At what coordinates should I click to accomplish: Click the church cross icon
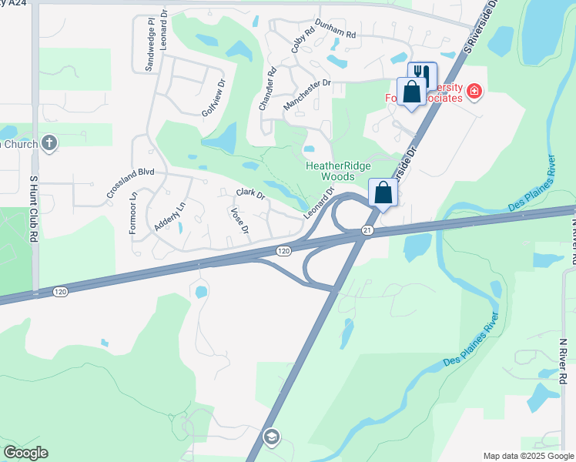(49, 142)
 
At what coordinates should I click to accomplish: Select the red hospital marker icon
(474, 93)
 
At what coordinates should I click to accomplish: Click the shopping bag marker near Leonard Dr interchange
(383, 193)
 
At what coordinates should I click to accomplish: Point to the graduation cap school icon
(270, 438)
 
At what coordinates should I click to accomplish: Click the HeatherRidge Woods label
(338, 171)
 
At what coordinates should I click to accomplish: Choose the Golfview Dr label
(213, 98)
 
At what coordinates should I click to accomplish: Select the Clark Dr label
(250, 193)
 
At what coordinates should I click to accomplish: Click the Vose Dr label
(239, 219)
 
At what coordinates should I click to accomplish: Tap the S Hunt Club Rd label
(34, 199)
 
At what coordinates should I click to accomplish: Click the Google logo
(25, 453)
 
